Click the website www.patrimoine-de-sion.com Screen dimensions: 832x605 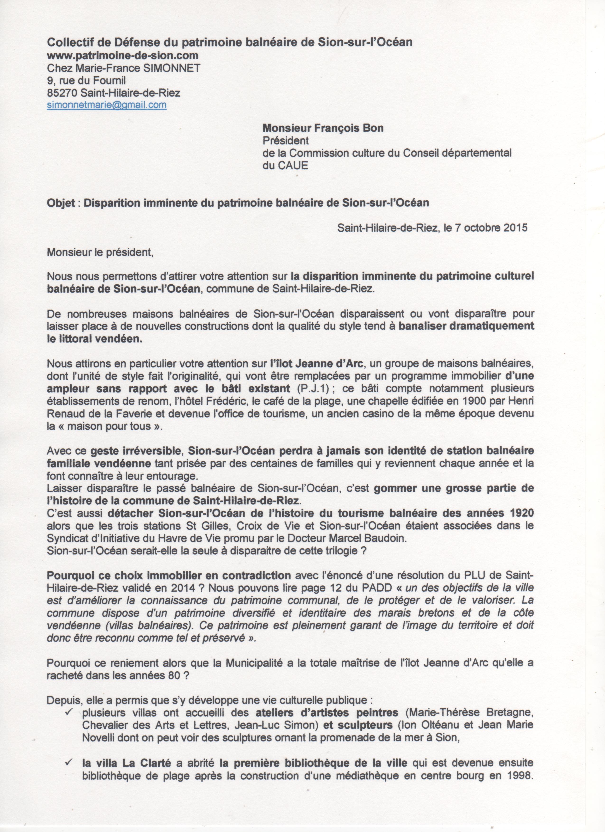[123, 55]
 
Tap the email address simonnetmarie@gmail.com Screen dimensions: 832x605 [107, 105]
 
